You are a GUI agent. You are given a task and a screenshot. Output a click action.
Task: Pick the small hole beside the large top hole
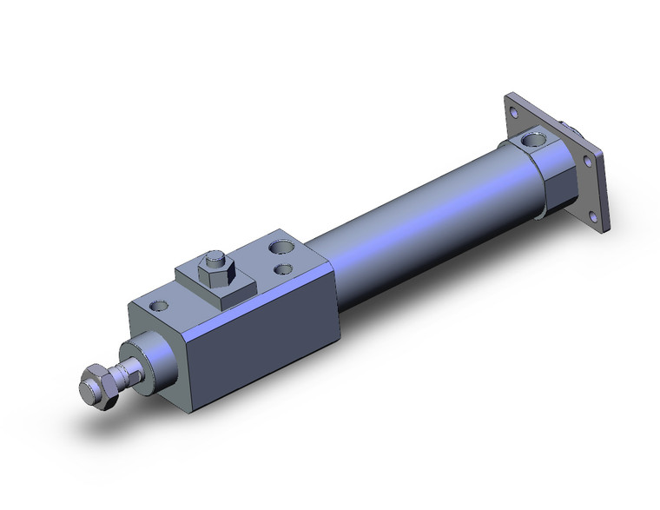[281, 269]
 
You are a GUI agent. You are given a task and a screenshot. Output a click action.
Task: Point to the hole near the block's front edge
[159, 306]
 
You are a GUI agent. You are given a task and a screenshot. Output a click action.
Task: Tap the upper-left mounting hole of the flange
[515, 110]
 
